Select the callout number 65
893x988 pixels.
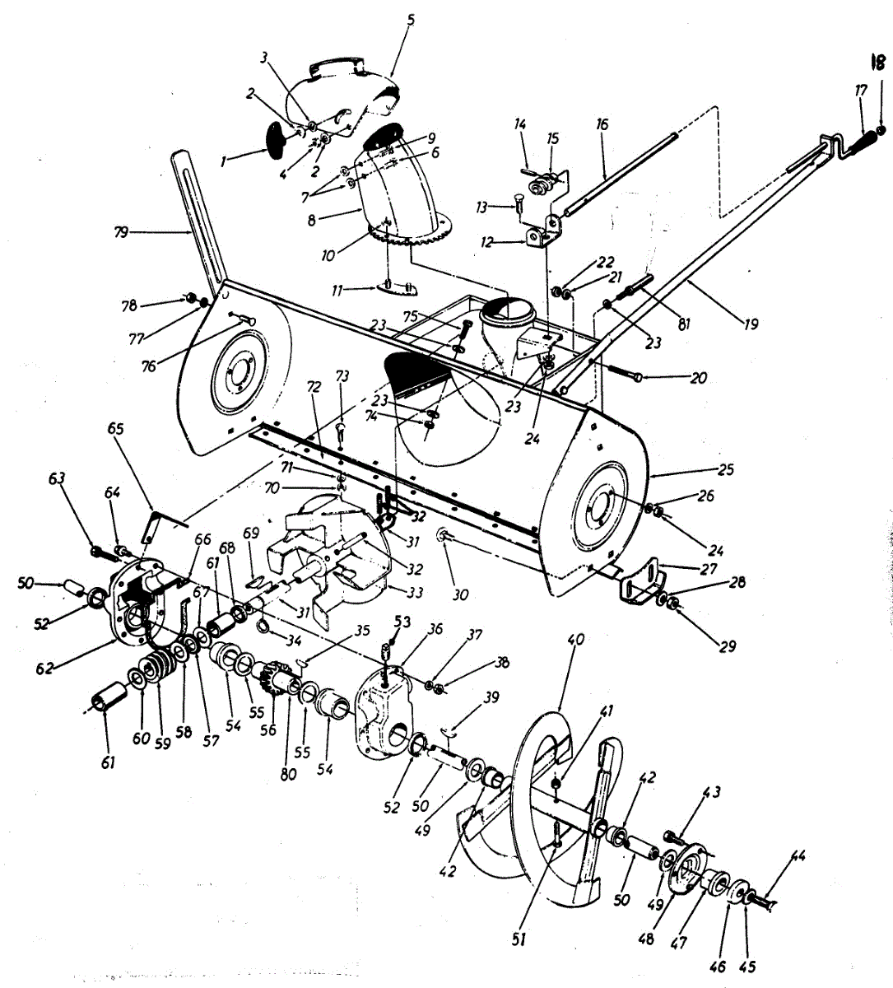click(115, 429)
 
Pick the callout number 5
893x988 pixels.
click(412, 18)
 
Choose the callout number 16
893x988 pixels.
click(602, 124)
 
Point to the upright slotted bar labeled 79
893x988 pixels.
click(198, 222)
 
